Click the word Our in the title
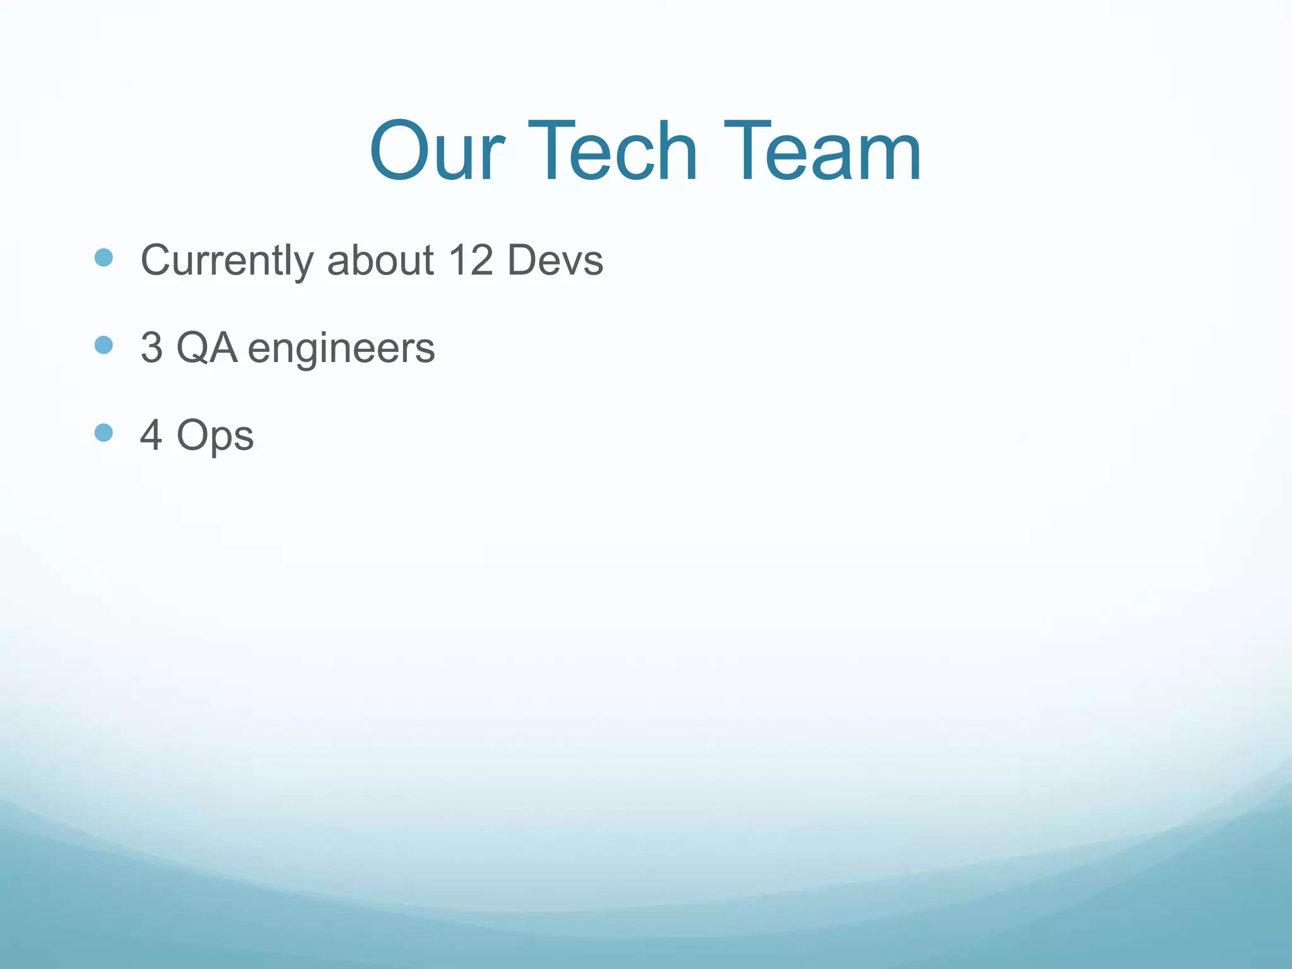pos(437,151)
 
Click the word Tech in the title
pos(613,151)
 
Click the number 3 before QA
pos(151,348)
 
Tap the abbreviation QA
pos(207,348)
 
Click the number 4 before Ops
pos(151,435)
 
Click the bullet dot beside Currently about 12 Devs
pos(103,257)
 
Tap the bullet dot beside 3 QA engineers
pos(103,345)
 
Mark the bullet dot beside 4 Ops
pos(103,433)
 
